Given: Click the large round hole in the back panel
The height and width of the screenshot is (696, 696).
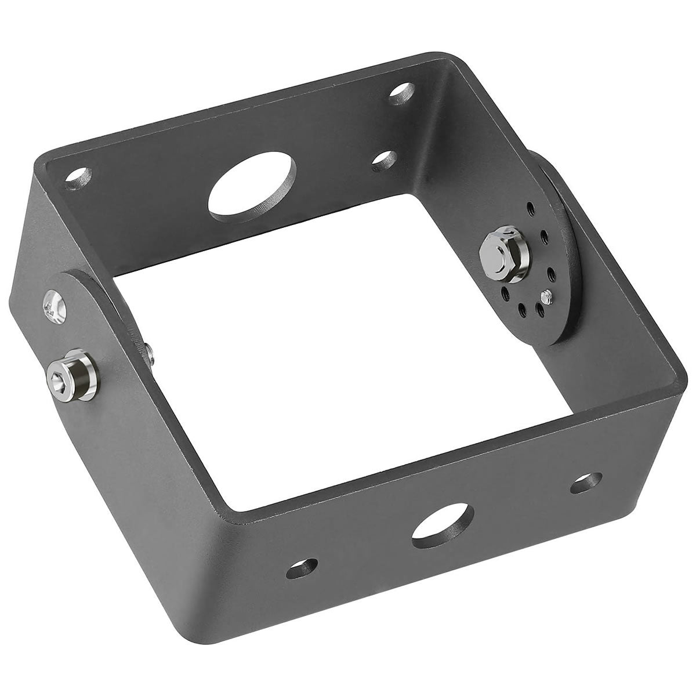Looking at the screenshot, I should coord(251,187).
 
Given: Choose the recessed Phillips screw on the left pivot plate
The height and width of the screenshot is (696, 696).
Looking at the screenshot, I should coord(52,307).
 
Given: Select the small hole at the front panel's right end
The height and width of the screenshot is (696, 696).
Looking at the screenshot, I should coord(587,483).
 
